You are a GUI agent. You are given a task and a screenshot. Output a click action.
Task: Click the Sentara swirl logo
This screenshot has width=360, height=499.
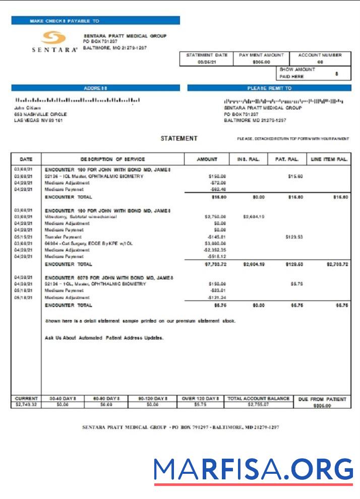point(53,38)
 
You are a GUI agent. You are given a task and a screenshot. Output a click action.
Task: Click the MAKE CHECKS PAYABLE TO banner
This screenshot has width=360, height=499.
point(95,21)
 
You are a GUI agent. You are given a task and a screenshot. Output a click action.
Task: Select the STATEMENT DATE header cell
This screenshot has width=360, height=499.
point(207,55)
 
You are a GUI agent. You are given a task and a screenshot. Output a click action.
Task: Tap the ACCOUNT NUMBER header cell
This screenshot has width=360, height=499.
point(320,55)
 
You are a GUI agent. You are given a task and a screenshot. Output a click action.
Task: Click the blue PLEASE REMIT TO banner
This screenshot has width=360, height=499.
point(269,88)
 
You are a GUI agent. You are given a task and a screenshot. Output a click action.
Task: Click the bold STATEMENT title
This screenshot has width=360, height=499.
point(179,139)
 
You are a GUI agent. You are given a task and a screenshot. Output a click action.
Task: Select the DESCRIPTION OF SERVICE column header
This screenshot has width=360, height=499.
point(112,159)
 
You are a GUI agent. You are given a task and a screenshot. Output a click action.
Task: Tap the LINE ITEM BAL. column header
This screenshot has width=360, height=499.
point(329,159)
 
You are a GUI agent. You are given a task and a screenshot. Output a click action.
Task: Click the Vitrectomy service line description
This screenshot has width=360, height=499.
point(81,217)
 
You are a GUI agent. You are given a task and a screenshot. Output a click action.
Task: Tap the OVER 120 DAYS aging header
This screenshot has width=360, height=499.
point(200,398)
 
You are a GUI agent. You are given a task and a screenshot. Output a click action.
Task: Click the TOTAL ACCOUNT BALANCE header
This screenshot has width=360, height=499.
point(259,398)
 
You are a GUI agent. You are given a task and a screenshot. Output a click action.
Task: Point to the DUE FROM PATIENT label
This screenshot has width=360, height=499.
point(322,399)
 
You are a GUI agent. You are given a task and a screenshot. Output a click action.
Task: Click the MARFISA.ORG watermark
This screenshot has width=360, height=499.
point(254,470)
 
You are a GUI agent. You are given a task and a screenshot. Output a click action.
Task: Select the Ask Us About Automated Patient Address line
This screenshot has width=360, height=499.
point(104,338)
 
